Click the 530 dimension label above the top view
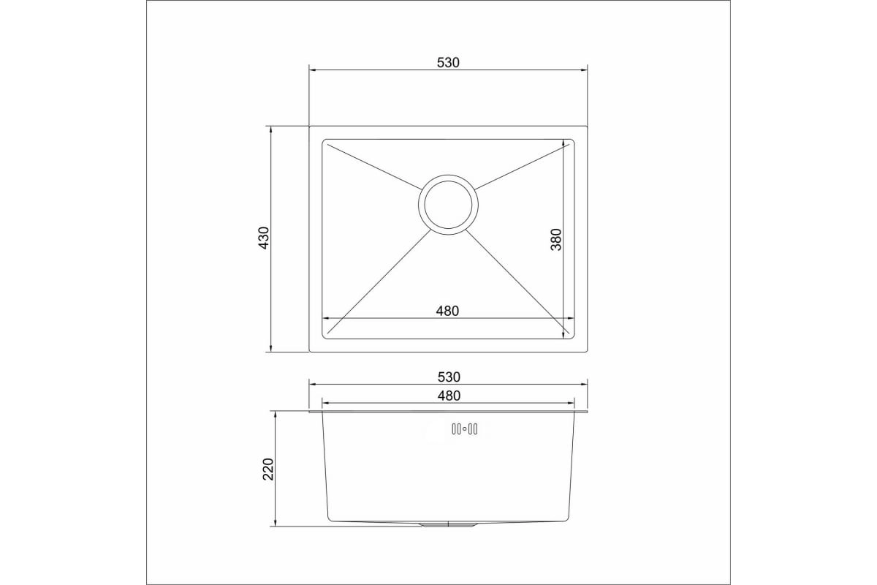click(448, 62)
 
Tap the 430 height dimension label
click(265, 238)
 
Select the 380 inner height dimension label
click(556, 239)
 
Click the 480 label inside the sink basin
click(447, 311)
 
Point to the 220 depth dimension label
click(268, 469)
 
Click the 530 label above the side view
click(449, 377)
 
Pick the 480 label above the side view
click(449, 396)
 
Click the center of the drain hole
click(448, 205)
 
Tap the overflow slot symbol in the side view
click(464, 429)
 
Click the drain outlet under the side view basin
click(448, 524)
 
